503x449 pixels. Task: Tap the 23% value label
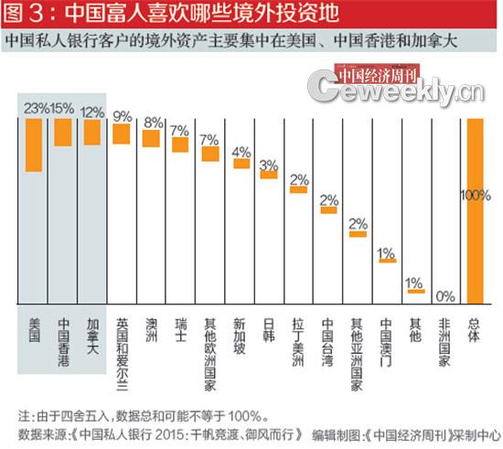(35, 109)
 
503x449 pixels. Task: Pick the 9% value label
(122, 116)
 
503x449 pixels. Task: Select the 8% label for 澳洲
(152, 123)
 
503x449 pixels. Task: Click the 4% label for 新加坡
(241, 152)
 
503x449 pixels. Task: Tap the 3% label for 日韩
(269, 165)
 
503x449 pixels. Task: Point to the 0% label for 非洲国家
(446, 295)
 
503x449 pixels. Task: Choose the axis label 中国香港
(62, 343)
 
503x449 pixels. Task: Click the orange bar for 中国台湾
(328, 209)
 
